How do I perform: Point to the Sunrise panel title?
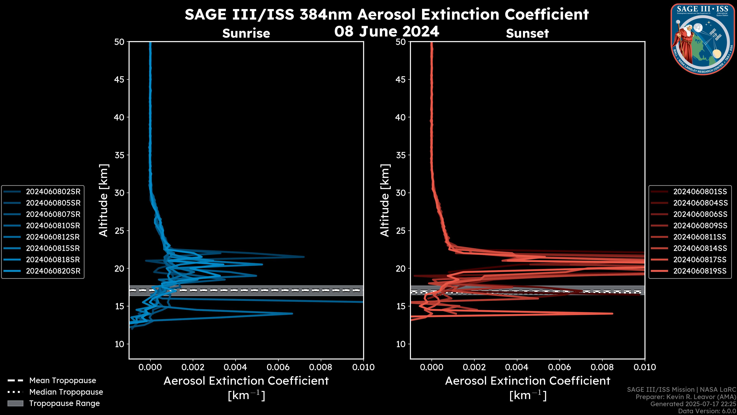click(x=246, y=33)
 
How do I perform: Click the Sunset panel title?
click(x=527, y=33)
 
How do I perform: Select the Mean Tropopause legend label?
click(x=63, y=381)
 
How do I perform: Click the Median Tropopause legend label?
click(x=66, y=392)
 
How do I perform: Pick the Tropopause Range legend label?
click(x=64, y=403)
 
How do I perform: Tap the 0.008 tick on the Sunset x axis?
click(x=602, y=367)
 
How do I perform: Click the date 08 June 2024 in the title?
click(x=387, y=31)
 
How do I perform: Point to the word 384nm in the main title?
click(x=326, y=14)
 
